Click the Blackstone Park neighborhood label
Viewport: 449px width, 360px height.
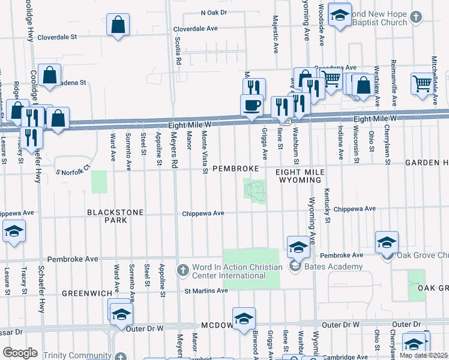107,216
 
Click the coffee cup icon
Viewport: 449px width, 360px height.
252,104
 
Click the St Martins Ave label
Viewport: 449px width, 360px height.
206,290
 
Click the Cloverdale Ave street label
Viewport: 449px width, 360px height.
195,28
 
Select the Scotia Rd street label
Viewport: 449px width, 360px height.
178,50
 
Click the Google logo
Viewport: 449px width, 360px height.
19,353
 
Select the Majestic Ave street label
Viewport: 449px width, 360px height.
276,34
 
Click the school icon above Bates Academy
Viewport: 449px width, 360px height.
298,246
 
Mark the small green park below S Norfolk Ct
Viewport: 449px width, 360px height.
99,182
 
